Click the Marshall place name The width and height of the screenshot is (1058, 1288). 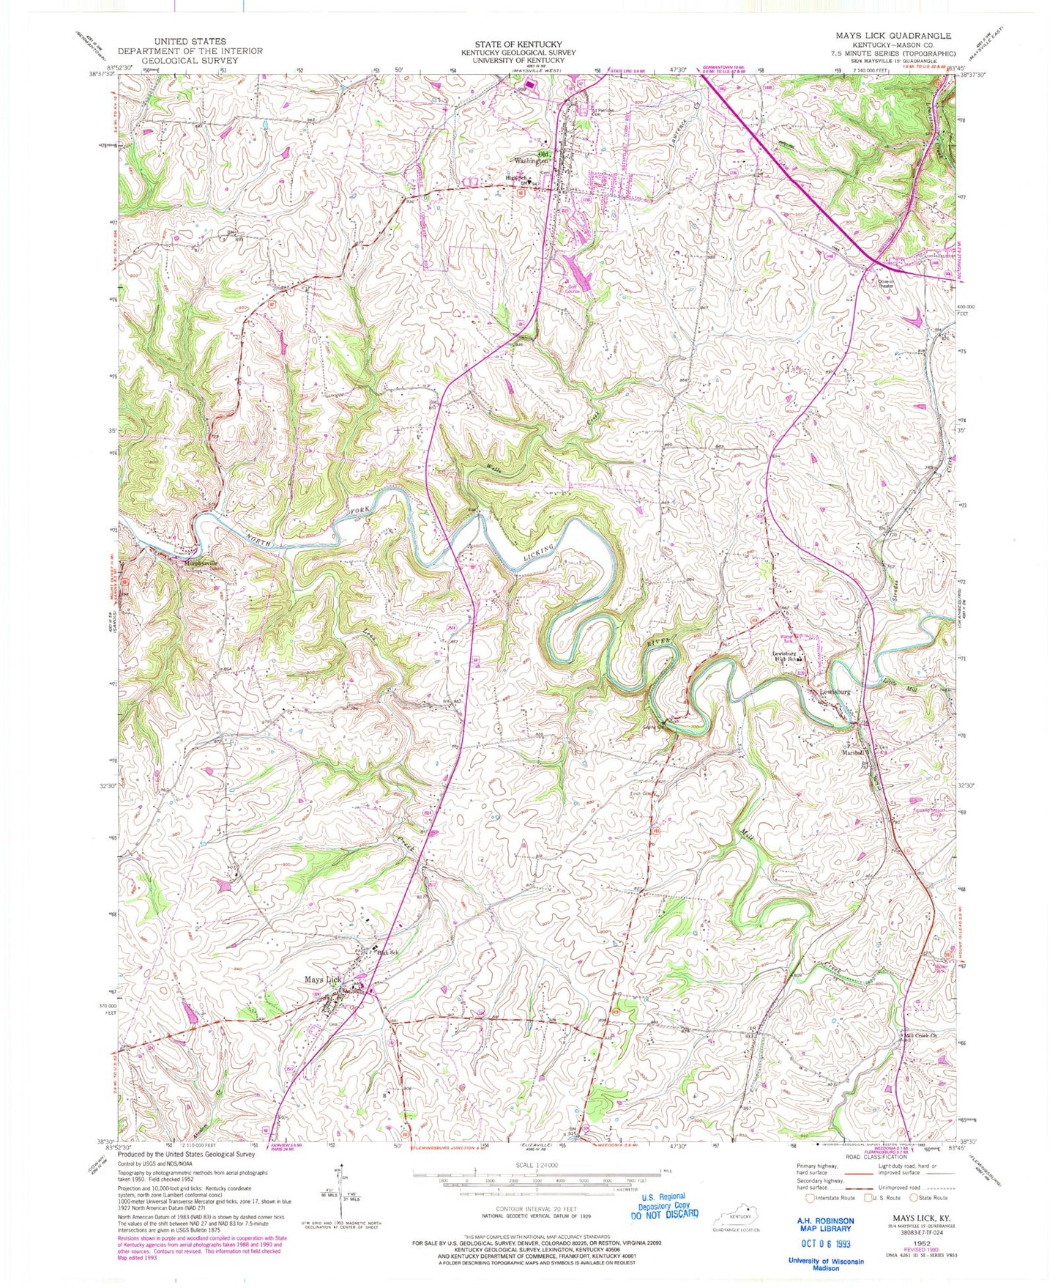tap(854, 751)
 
